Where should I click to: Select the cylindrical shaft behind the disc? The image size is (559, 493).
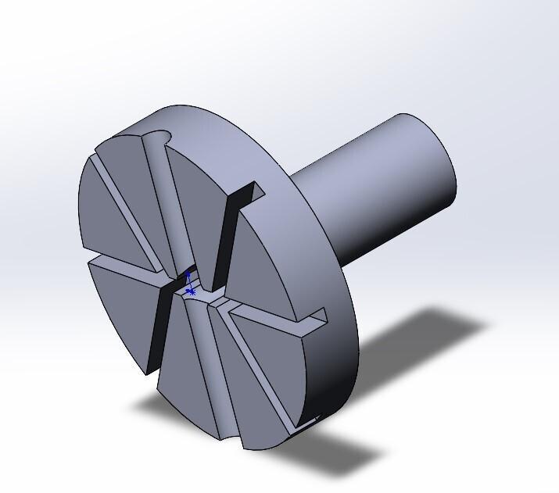(x=383, y=188)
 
